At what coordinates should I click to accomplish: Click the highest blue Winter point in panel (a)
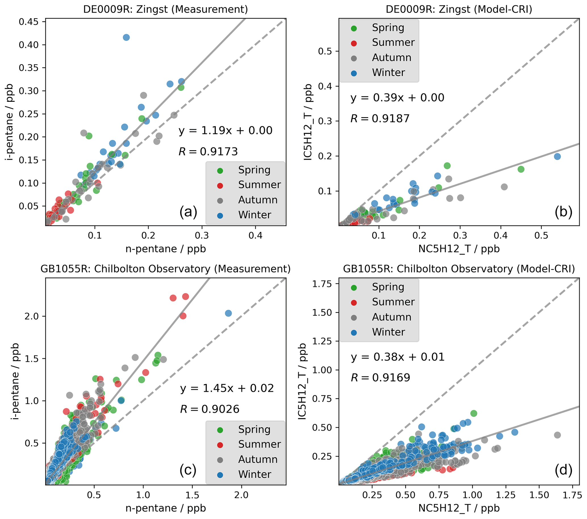(126, 37)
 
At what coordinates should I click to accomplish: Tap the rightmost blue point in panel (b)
(557, 157)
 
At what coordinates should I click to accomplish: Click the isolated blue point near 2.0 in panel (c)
(228, 313)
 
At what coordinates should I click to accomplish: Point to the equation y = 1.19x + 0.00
(225, 131)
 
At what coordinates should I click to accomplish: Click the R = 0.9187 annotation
(380, 119)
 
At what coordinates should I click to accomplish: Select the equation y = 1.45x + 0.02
(227, 388)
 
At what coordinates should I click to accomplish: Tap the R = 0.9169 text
(380, 378)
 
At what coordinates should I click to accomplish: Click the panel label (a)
(188, 212)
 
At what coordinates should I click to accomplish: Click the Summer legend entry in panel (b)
(393, 43)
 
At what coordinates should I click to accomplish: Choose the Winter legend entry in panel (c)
(254, 474)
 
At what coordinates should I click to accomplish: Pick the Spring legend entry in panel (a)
(254, 170)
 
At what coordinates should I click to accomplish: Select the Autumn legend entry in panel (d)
(391, 317)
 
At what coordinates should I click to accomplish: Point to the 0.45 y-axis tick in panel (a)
(29, 22)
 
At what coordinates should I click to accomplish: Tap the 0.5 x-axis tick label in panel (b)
(541, 236)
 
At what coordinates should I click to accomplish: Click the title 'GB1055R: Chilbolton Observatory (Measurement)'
(166, 269)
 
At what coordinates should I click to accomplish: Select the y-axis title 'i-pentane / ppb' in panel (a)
(10, 122)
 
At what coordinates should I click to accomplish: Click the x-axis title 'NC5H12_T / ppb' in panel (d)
(459, 508)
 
